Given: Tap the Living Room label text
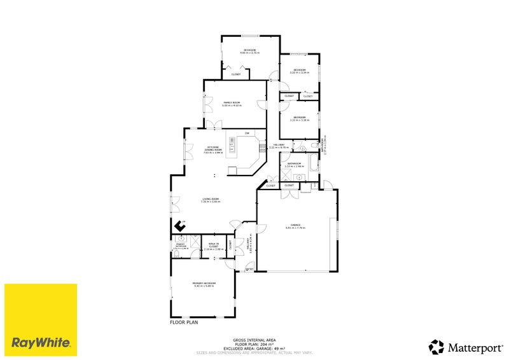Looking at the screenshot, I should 211,200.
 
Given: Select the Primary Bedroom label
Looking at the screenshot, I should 205,283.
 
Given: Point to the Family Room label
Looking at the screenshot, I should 231,102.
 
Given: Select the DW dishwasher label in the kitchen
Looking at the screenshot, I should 247,133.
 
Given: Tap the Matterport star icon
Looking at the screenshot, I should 436,347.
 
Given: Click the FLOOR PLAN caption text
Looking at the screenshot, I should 185,322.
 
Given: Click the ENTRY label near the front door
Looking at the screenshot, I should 249,270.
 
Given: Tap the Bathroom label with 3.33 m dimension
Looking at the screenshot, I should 294,164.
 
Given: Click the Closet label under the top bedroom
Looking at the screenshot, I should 235,74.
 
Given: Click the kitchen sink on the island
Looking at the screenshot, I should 232,150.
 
